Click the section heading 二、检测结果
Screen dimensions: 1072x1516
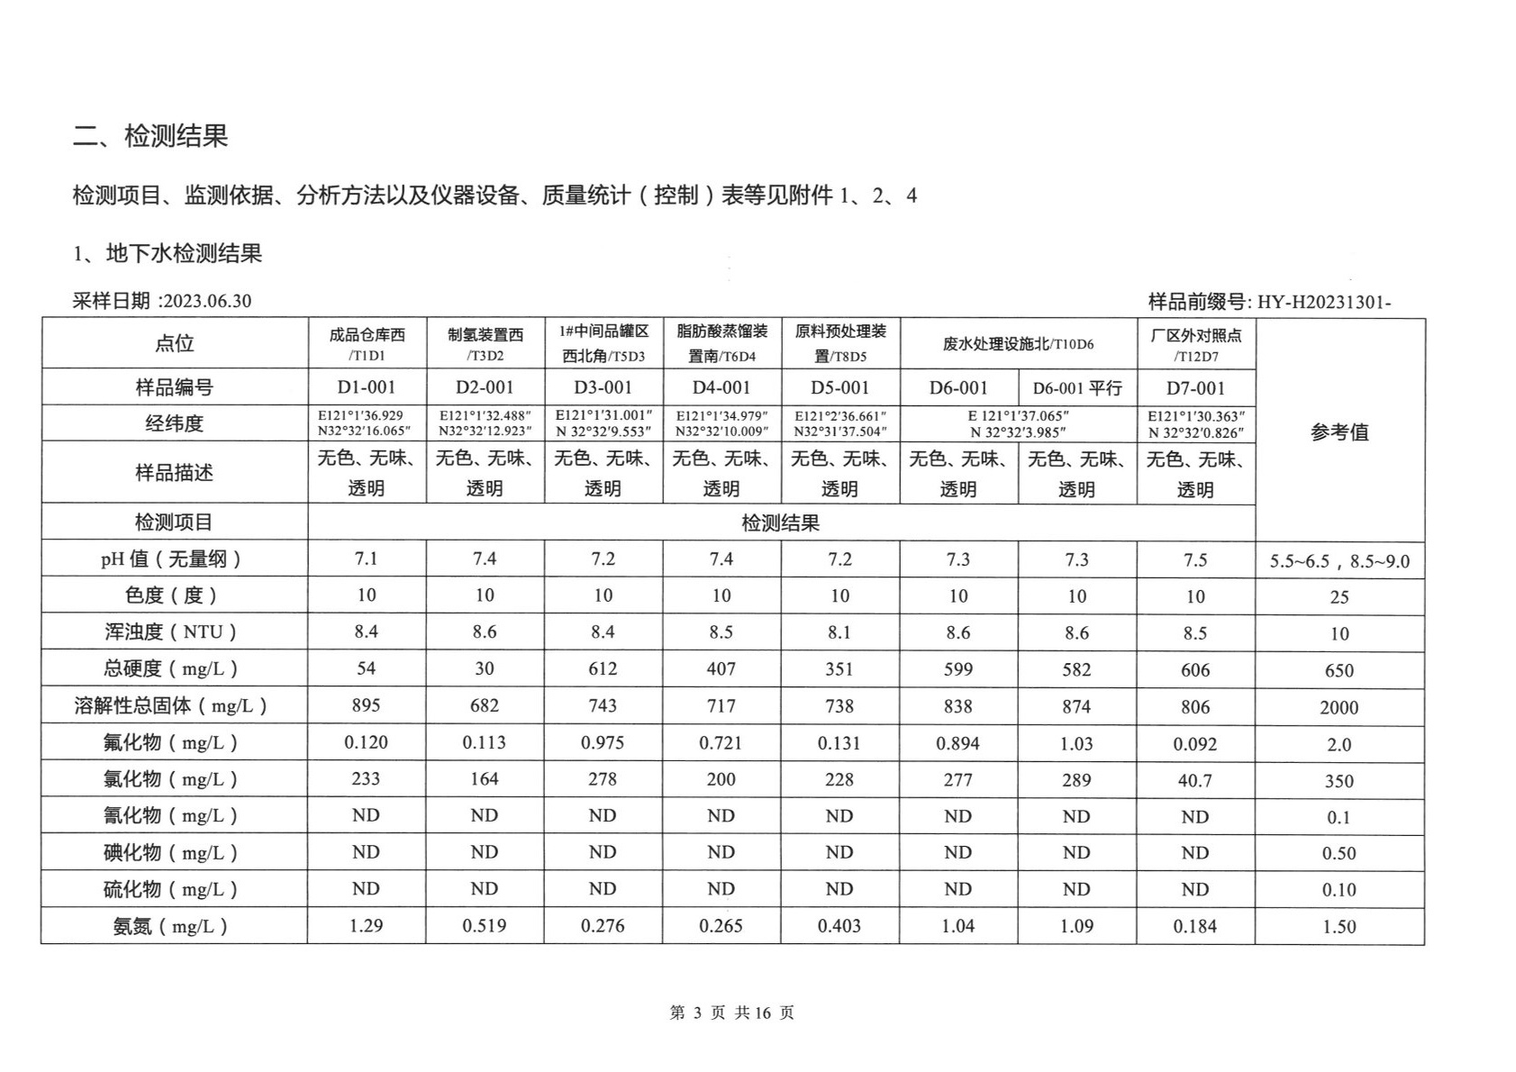point(150,136)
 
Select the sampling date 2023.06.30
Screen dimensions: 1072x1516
point(206,301)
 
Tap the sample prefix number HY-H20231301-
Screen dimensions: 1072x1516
point(1323,302)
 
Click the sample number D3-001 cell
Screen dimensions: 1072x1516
point(603,387)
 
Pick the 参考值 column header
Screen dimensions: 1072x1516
point(1339,432)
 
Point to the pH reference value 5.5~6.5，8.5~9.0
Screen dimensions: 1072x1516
point(1339,561)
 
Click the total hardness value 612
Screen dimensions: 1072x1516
point(603,668)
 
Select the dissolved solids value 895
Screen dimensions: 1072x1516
point(366,705)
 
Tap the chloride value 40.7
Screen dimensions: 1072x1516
point(1195,780)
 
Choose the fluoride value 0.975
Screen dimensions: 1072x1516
point(603,742)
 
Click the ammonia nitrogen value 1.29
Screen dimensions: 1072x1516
point(366,925)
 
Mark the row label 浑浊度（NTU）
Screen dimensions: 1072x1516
point(171,631)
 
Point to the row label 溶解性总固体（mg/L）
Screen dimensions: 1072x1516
point(171,705)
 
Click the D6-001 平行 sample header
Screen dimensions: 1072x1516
point(1076,388)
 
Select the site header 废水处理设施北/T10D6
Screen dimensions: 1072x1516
point(1018,344)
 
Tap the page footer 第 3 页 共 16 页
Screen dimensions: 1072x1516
point(731,1013)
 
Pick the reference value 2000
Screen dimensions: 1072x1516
point(1339,707)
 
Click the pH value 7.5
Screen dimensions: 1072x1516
point(1195,559)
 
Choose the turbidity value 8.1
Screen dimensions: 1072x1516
point(840,632)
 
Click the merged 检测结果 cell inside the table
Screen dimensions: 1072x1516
point(780,522)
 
